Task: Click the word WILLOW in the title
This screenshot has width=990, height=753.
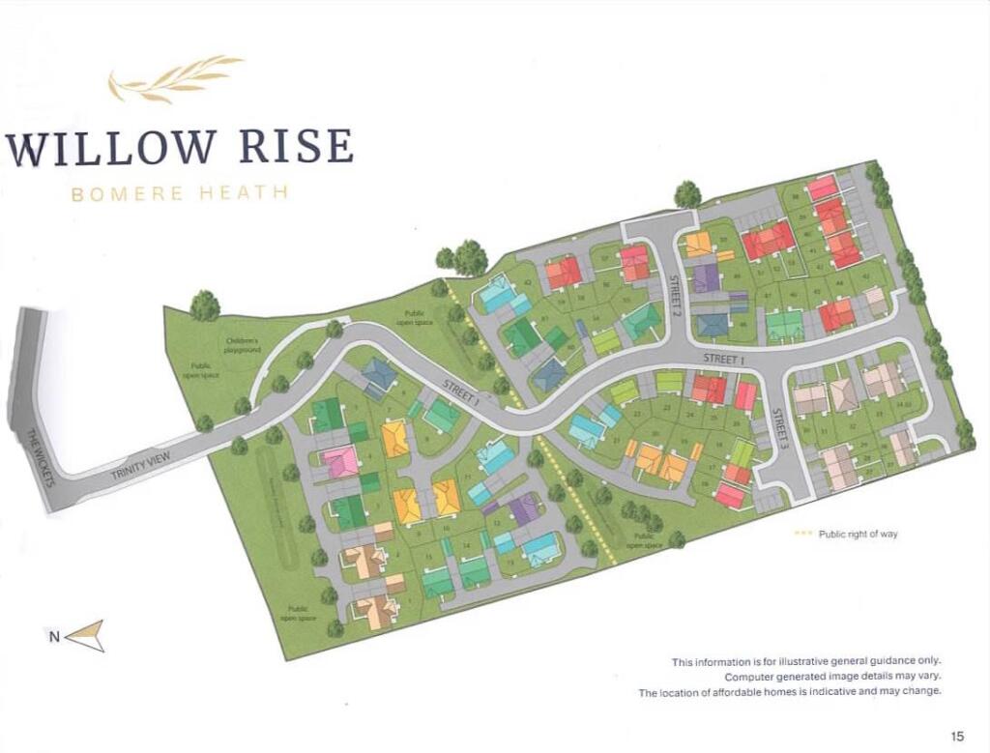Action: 111,146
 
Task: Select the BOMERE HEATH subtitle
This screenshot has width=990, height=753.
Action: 180,192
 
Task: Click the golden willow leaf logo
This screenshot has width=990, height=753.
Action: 174,77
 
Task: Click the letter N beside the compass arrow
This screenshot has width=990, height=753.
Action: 54,636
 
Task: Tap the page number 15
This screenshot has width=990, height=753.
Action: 957,737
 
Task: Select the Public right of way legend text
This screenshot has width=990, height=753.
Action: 859,534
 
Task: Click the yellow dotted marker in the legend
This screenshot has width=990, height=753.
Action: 802,534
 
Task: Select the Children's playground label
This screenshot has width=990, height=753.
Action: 244,345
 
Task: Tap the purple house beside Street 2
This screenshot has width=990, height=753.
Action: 707,278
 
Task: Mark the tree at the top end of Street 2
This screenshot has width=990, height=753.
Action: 687,194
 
